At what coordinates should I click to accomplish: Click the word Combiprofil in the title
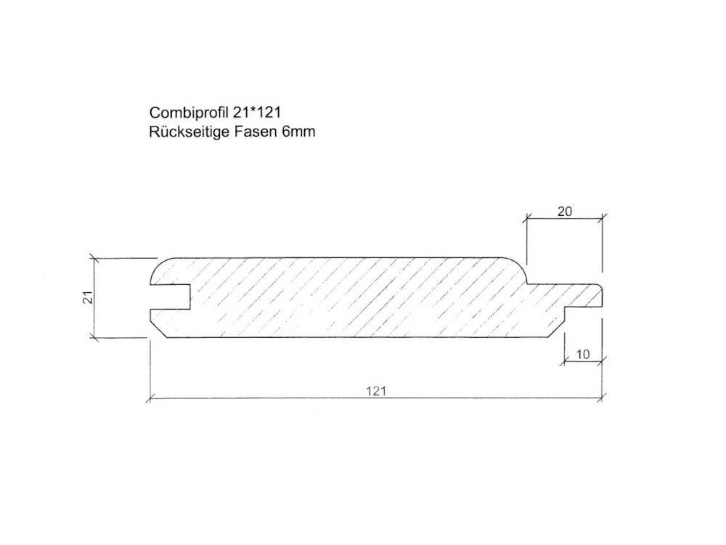[189, 113]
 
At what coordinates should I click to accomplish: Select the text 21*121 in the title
[257, 112]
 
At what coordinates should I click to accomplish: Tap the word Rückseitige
[189, 132]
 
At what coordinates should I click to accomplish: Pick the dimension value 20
[564, 211]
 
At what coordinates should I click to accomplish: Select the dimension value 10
[583, 355]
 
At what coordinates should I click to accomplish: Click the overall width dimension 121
[376, 391]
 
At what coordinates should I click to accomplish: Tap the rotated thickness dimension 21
[89, 297]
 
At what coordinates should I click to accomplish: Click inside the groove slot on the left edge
[171, 297]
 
